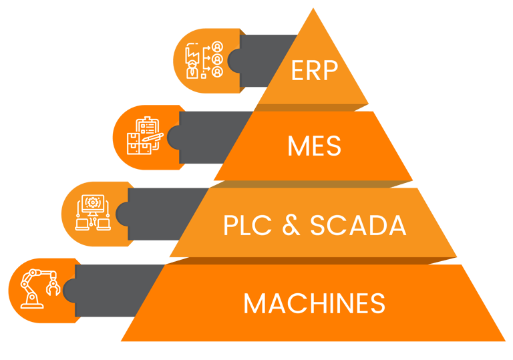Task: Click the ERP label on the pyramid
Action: [315, 70]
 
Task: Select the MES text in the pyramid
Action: [314, 146]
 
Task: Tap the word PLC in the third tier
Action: [247, 225]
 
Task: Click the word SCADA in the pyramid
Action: [358, 225]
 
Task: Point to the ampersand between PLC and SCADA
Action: [291, 225]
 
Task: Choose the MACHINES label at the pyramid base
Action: [315, 303]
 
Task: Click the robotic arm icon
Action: [40, 289]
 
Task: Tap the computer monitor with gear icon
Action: [93, 212]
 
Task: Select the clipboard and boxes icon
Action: [145, 136]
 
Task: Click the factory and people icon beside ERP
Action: [204, 60]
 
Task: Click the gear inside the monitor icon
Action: [93, 203]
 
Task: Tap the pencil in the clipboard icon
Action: [152, 137]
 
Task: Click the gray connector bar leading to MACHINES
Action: [112, 291]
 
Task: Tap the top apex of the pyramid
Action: [313, 8]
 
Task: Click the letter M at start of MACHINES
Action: [253, 303]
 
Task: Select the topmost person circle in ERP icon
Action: [217, 47]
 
